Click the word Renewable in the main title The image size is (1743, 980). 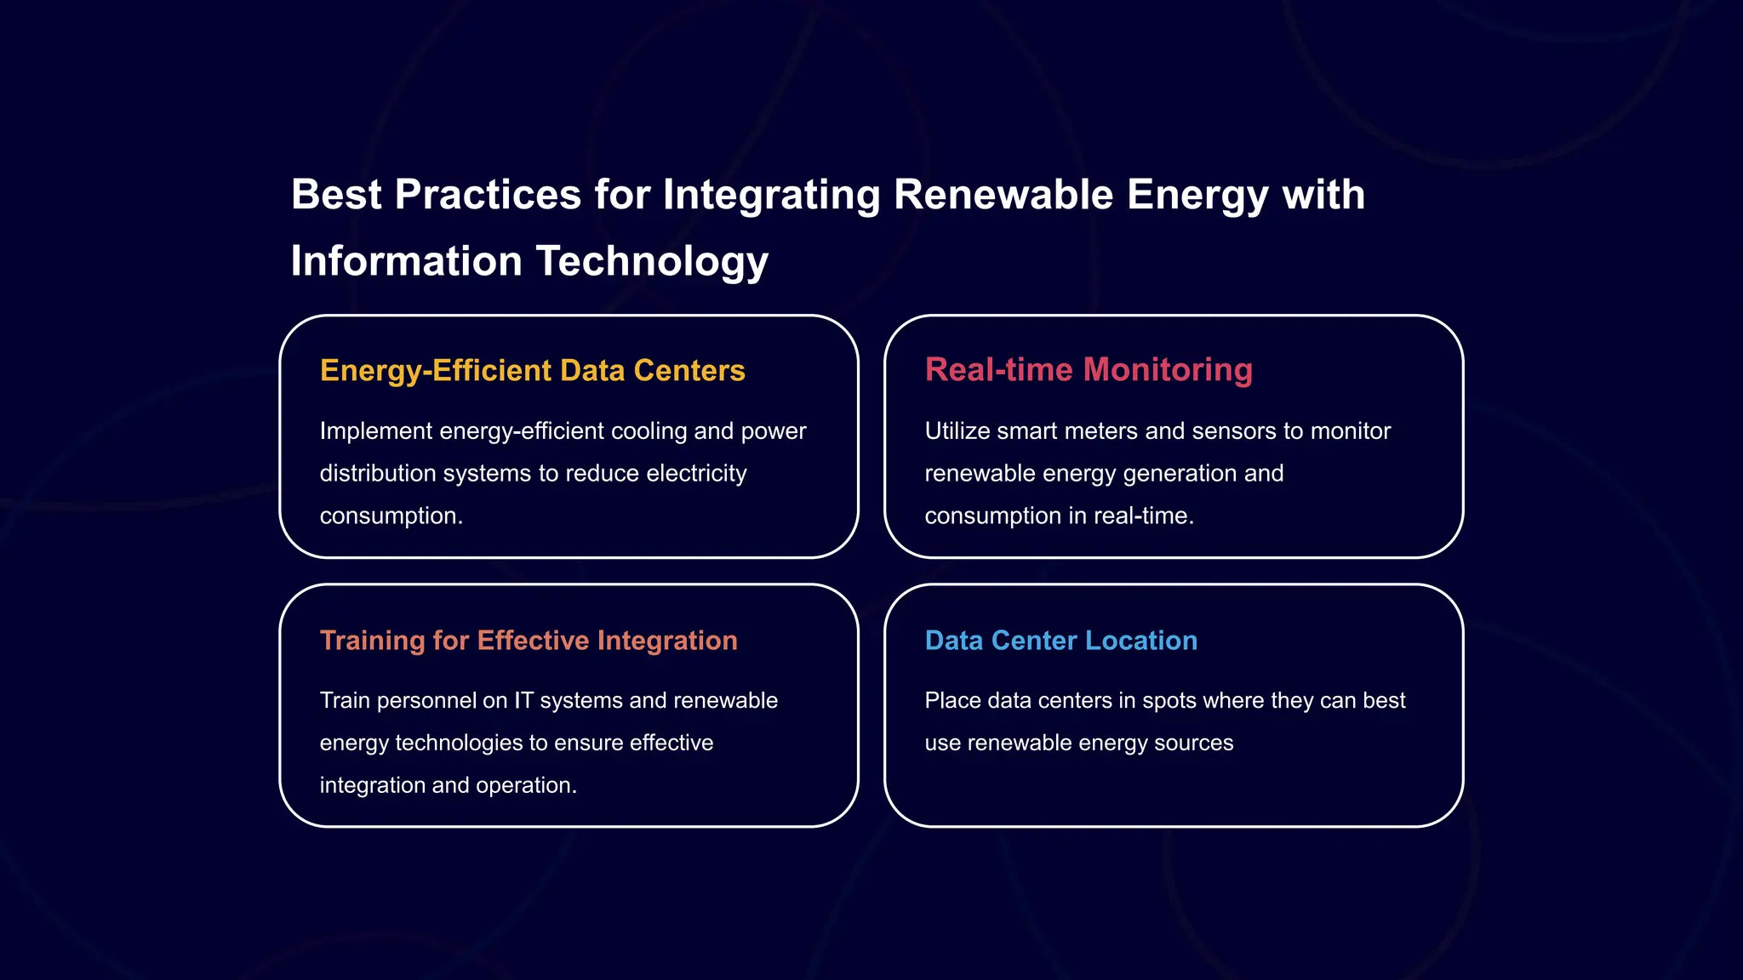[1003, 195]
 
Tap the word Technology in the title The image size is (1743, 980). [652, 261]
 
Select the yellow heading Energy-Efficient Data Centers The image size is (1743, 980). [532, 371]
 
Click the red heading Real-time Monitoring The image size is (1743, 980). [1088, 370]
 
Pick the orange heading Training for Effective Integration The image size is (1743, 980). [528, 641]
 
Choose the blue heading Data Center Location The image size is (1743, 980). [1060, 641]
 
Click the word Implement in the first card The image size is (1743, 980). [375, 431]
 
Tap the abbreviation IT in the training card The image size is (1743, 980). [523, 701]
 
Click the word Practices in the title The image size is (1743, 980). [488, 195]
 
